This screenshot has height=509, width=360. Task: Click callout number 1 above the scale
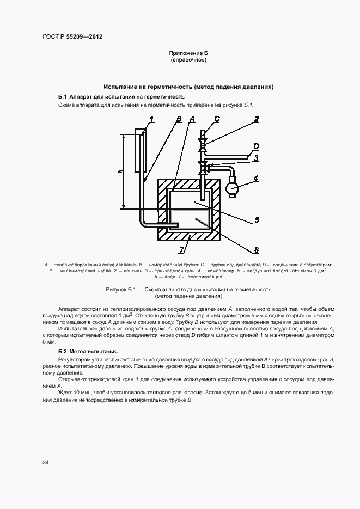click(152, 119)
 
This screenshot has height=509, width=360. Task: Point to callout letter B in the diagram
click(179, 119)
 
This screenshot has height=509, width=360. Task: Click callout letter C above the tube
click(217, 119)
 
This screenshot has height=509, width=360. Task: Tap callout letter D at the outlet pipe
click(255, 146)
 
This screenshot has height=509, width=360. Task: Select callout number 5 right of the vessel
click(255, 220)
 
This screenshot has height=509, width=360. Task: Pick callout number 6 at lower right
click(255, 250)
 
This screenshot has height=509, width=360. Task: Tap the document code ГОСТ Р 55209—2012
click(72, 37)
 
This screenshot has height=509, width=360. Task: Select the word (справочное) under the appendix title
click(188, 60)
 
